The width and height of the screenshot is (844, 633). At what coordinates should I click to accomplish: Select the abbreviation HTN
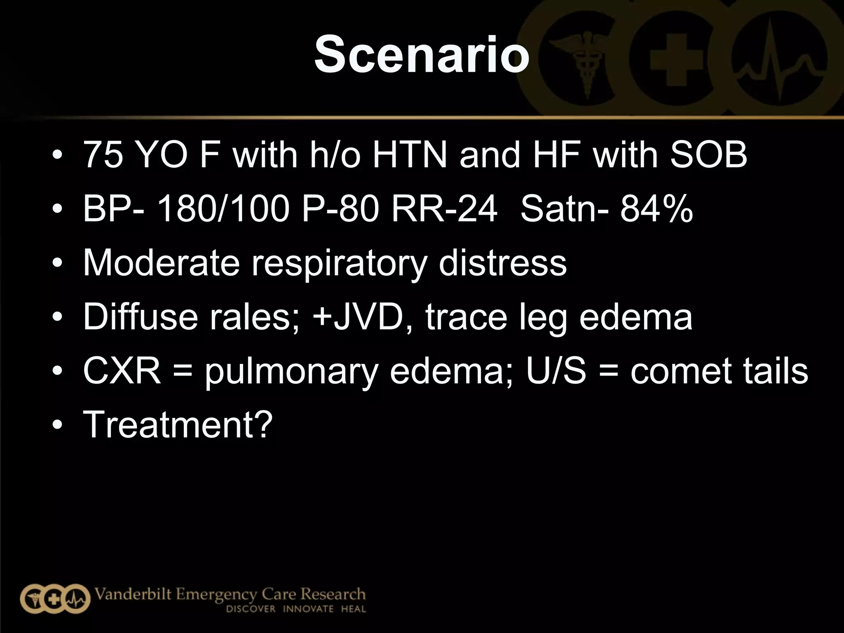[x=410, y=155]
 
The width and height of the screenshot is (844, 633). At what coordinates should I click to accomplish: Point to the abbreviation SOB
[x=708, y=155]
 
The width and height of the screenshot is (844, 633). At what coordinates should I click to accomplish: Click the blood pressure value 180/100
[x=223, y=209]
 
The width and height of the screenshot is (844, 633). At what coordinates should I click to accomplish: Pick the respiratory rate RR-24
[x=444, y=209]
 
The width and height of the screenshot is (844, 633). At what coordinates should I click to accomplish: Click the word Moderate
[x=161, y=263]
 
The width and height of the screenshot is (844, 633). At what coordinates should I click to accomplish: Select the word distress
[x=502, y=263]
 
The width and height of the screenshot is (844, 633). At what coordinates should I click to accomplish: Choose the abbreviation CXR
[x=122, y=370]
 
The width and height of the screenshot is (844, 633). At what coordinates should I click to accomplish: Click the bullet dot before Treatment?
[x=57, y=425]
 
